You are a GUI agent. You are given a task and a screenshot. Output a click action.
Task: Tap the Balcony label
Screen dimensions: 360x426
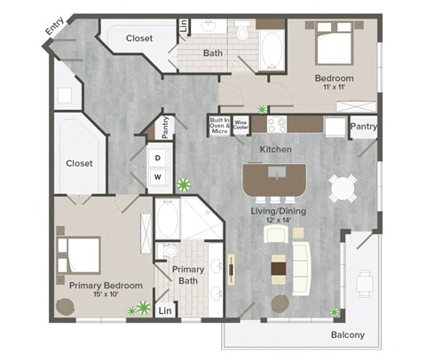tap(348, 335)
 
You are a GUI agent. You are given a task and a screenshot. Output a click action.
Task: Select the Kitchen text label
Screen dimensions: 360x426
tap(275, 150)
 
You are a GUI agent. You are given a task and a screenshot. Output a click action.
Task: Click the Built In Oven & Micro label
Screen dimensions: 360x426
tap(220, 125)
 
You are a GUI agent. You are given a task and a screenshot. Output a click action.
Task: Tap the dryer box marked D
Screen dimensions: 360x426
tap(158, 158)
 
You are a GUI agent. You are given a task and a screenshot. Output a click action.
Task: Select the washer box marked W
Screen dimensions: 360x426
tap(158, 176)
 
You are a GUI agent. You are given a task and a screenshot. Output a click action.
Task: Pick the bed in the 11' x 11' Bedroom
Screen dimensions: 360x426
tap(334, 44)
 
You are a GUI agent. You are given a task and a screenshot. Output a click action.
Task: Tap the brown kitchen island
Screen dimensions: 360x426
tap(275, 179)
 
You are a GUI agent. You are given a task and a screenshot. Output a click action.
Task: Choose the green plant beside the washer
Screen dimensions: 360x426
tap(184, 185)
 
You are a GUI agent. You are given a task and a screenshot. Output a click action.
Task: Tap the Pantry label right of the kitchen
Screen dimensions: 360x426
tap(364, 127)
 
